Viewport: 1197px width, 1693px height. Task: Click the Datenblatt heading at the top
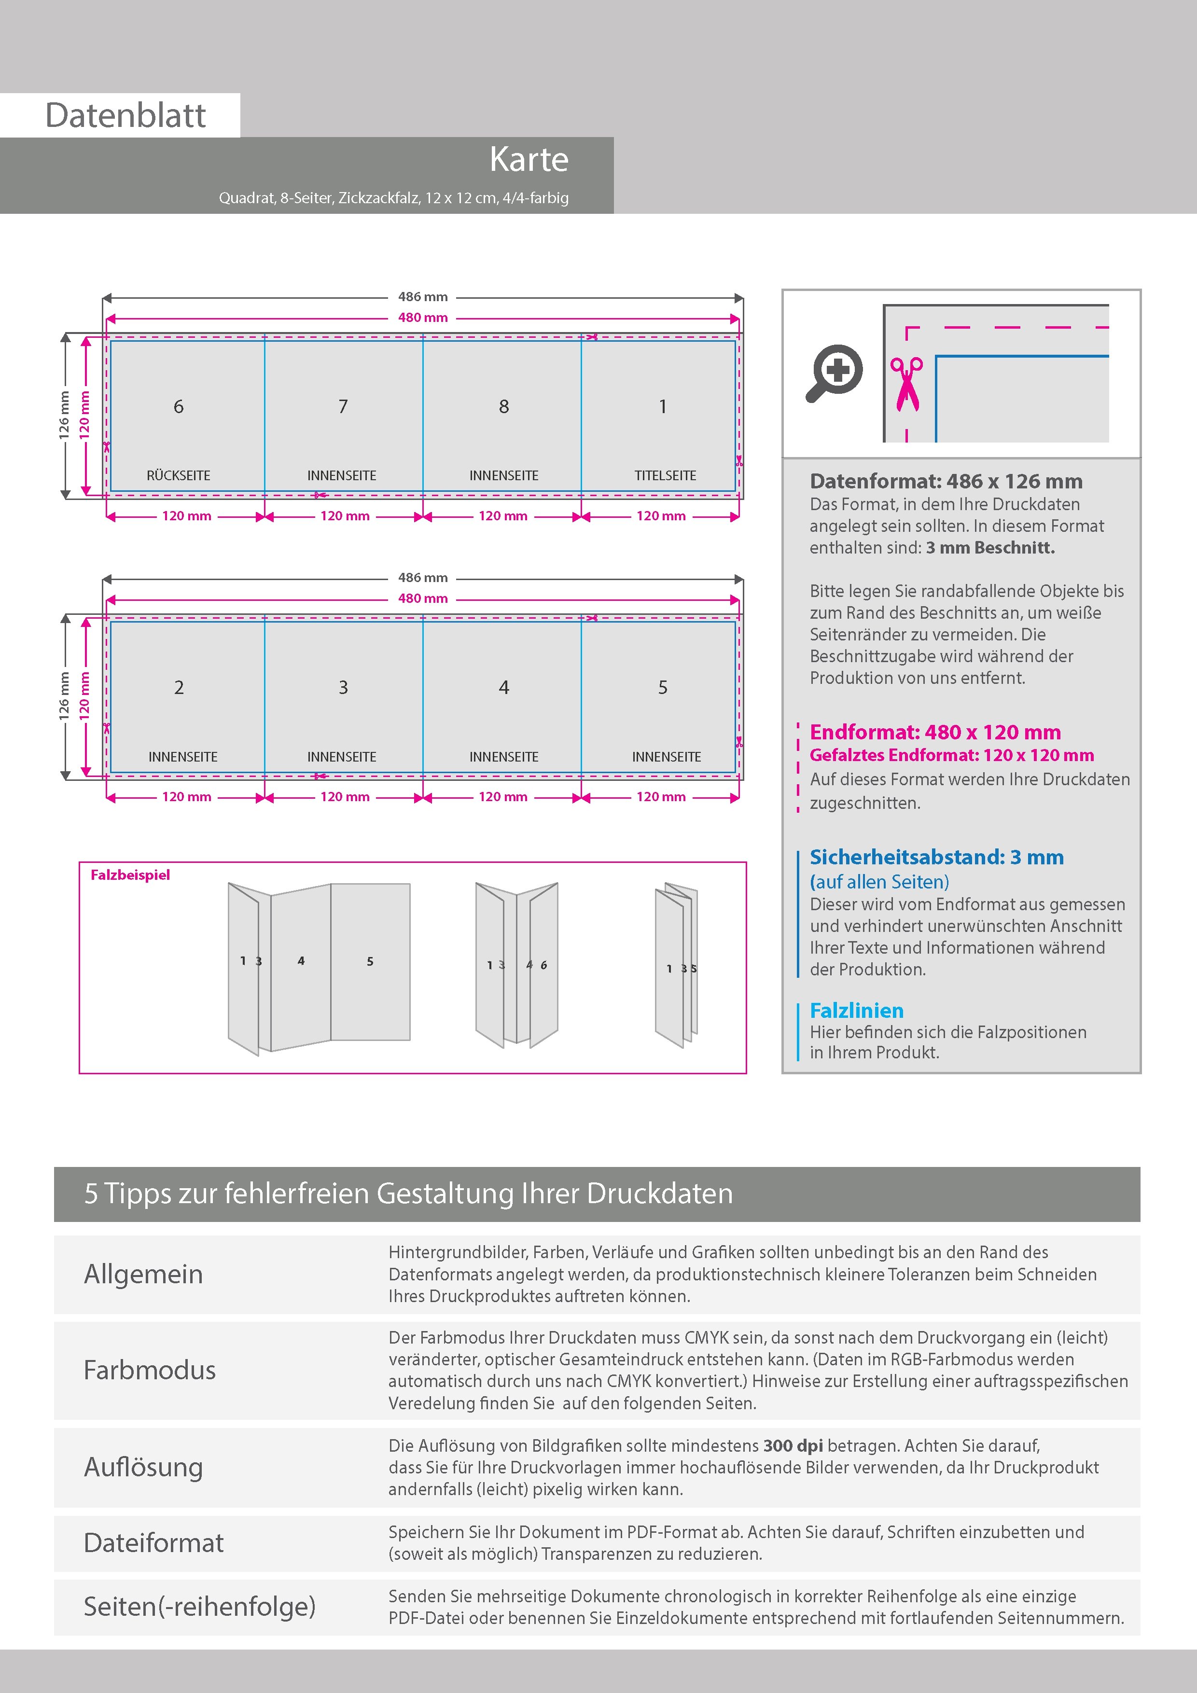point(125,115)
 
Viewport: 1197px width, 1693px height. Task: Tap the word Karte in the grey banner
point(529,159)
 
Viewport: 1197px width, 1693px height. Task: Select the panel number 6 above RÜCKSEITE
point(179,406)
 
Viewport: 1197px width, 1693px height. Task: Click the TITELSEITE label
point(665,475)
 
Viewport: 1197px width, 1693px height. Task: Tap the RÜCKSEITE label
point(179,475)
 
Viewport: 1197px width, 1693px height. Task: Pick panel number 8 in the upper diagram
point(504,406)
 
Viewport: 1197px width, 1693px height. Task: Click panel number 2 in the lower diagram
point(179,687)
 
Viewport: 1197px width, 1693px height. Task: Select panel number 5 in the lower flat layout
point(662,687)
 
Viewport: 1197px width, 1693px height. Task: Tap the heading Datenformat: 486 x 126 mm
point(946,482)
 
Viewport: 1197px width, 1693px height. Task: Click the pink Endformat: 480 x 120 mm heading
point(934,732)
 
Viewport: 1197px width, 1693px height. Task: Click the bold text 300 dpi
point(793,1445)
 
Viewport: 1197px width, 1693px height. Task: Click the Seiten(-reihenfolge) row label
point(199,1606)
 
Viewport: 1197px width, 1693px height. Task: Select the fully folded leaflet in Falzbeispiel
point(676,966)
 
